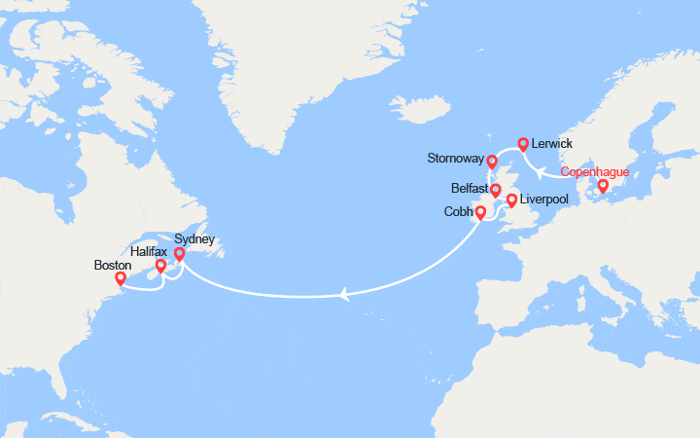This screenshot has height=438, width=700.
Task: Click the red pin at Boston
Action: [x=121, y=279]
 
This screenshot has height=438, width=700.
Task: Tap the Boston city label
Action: [x=113, y=263]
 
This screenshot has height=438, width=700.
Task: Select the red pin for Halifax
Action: [x=160, y=265]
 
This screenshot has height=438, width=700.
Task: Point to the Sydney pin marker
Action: [x=179, y=254]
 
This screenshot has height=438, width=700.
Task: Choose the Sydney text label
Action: [x=193, y=238]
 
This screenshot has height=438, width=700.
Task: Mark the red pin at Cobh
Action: [x=480, y=211]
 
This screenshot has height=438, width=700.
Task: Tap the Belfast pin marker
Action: [x=495, y=190]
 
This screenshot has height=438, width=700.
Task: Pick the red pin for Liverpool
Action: [x=511, y=201]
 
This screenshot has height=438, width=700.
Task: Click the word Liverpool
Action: [x=545, y=199]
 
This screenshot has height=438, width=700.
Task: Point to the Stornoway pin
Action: [x=492, y=162]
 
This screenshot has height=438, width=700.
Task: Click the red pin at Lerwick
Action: [x=523, y=145]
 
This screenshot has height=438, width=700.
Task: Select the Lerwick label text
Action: [x=554, y=143]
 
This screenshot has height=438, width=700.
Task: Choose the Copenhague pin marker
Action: [x=603, y=186]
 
